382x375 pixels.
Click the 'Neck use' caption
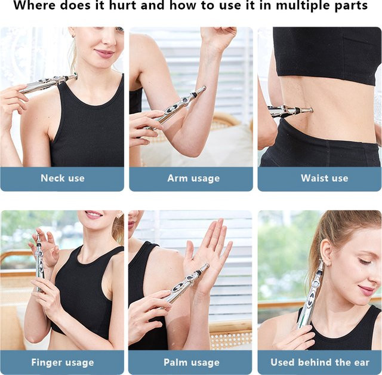(x=63, y=178)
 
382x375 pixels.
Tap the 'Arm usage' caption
(x=193, y=179)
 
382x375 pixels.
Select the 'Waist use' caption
(x=325, y=178)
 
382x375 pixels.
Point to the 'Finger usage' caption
(x=63, y=362)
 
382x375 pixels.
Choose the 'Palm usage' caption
(x=192, y=362)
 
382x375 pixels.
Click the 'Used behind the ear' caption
(x=320, y=362)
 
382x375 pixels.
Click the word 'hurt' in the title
(x=123, y=5)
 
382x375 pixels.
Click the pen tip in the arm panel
(x=204, y=88)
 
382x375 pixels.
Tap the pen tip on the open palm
(x=207, y=265)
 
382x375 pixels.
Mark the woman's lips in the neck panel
(x=105, y=53)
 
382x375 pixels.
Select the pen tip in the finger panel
(x=38, y=237)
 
